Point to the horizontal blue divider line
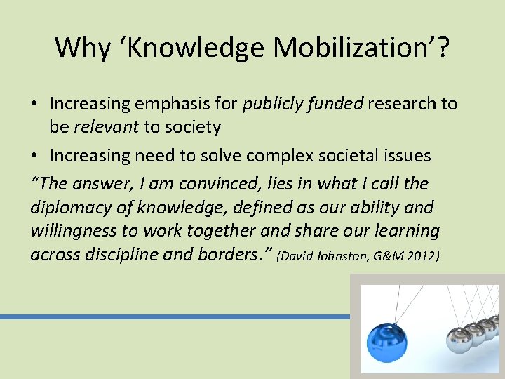[175, 317]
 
